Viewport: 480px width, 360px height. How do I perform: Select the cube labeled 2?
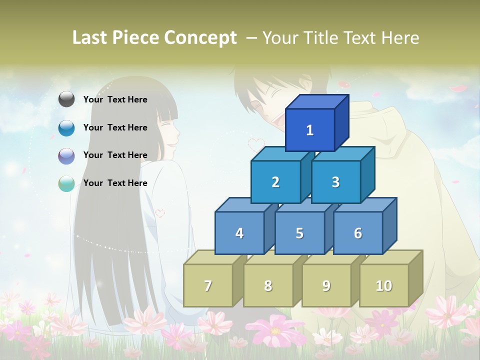275,182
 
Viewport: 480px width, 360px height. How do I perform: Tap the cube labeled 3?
335,182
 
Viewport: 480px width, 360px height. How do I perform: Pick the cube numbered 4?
239,233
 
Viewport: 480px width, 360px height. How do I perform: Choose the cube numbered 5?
299,233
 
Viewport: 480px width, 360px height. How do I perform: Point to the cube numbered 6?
357,233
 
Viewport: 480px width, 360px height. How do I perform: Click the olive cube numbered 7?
208,285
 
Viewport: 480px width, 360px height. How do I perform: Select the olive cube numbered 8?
268,285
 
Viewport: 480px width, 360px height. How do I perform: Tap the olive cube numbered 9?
326,285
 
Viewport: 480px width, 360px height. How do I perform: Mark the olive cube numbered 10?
383,285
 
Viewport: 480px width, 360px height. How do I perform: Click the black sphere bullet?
66,99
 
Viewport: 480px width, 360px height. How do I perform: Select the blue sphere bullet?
66,128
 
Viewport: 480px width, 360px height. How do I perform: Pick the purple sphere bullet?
66,156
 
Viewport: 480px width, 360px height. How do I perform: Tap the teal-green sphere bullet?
66,183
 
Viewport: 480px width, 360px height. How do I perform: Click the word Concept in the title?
200,38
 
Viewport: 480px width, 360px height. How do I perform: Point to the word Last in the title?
91,37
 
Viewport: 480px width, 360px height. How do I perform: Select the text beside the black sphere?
115,99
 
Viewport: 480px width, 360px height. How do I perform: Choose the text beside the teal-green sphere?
115,183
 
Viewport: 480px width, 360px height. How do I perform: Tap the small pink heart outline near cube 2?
256,144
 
